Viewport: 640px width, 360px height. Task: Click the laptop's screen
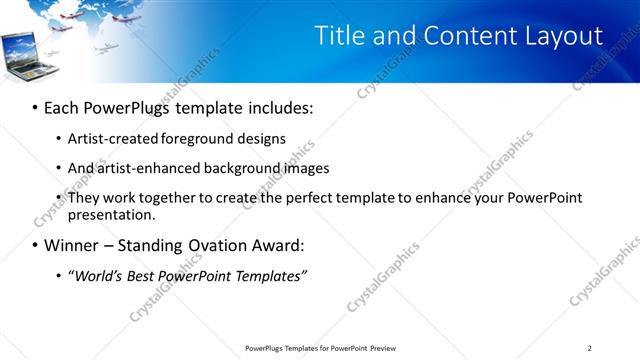[25, 48]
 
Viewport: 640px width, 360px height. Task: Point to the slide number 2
[589, 348]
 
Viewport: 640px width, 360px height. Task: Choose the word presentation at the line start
[111, 214]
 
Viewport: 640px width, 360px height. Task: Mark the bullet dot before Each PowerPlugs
[35, 107]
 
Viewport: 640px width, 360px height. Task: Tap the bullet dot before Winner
[35, 245]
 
